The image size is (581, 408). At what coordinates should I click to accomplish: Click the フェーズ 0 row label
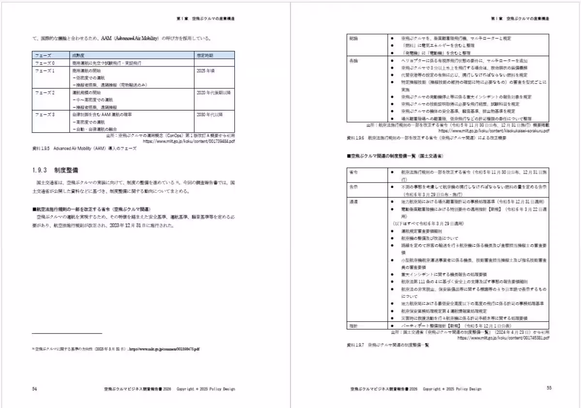(44, 63)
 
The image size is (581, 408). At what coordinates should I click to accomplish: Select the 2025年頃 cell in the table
(206, 70)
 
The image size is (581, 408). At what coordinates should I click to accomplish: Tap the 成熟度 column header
(79, 56)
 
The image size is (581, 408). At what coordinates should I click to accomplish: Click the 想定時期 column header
(206, 56)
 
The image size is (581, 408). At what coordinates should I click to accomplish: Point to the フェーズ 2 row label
(44, 92)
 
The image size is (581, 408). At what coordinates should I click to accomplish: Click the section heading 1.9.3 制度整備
(54, 171)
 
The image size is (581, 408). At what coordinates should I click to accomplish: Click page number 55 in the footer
(549, 388)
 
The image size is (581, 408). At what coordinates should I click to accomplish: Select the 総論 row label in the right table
(353, 38)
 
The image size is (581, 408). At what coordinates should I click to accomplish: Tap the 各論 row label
(353, 61)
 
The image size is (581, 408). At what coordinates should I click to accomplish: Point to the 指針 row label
(353, 326)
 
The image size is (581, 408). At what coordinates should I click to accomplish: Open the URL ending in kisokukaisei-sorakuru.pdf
(494, 131)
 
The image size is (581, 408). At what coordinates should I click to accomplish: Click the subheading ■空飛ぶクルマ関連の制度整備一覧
(395, 157)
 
